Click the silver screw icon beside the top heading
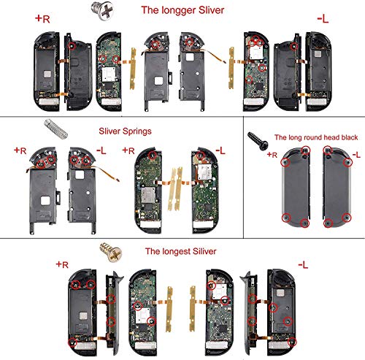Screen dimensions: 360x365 click(115, 9)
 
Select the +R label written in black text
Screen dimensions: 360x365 click(272, 155)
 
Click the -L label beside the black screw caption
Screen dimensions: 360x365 click(356, 155)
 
